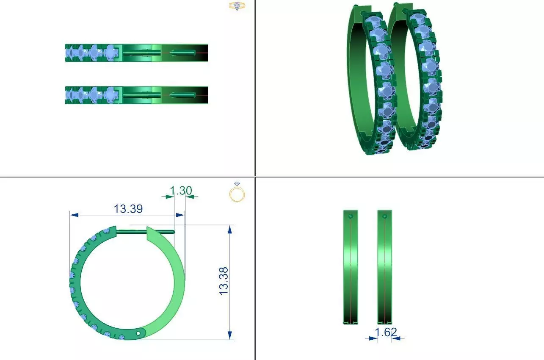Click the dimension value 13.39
pyautogui.click(x=128, y=209)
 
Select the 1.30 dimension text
pyautogui.click(x=181, y=191)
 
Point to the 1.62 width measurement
pyautogui.click(x=386, y=332)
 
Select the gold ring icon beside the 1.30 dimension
pyautogui.click(x=237, y=193)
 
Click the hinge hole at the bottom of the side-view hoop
pyautogui.click(x=138, y=334)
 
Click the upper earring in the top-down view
pyautogui.click(x=136, y=53)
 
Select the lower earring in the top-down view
pyautogui.click(x=136, y=95)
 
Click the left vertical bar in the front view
pyautogui.click(x=351, y=267)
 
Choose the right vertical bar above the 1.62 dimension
pyautogui.click(x=384, y=267)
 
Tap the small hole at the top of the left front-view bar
pyautogui.click(x=351, y=216)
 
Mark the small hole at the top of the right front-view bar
pyautogui.click(x=384, y=216)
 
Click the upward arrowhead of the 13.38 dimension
pyautogui.click(x=229, y=229)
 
